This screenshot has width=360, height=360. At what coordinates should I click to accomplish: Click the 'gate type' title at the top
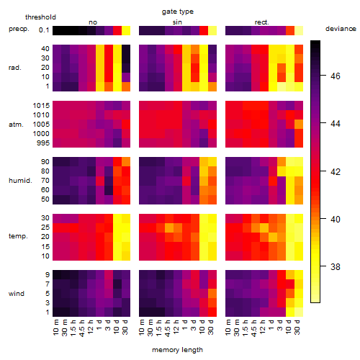coord(178,12)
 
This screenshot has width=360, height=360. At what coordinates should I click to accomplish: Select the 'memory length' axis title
coord(177,350)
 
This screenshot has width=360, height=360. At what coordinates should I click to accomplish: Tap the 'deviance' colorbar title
coord(341,29)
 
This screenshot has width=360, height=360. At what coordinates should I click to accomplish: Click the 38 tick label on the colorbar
coord(336,266)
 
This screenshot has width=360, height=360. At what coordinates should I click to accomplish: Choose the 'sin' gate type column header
coord(177,22)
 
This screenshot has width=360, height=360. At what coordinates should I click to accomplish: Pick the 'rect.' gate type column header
coord(261,22)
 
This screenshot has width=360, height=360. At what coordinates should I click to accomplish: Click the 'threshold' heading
coord(40,17)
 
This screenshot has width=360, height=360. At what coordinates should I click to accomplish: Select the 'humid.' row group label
coord(20,180)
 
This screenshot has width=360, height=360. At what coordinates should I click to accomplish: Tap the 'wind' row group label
coord(17,294)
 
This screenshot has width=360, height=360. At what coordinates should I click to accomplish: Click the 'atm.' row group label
coord(16,125)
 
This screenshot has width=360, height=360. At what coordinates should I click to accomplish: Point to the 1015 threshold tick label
coord(41,106)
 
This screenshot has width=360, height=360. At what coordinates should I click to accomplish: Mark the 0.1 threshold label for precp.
coord(44,30)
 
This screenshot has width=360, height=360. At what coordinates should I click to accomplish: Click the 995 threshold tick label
coord(43,143)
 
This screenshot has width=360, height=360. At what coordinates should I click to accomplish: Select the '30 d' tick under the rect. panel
coord(297,327)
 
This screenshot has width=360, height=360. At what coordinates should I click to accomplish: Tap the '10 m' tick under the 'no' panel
coord(55,327)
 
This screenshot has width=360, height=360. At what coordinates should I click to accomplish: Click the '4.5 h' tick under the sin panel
coord(168,328)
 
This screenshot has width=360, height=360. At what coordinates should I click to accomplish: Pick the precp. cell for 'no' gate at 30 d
coord(126,30)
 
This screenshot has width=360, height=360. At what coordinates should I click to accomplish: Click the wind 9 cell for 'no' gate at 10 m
coord(57,274)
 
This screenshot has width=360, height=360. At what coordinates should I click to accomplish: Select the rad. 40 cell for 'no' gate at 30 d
coord(126,49)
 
